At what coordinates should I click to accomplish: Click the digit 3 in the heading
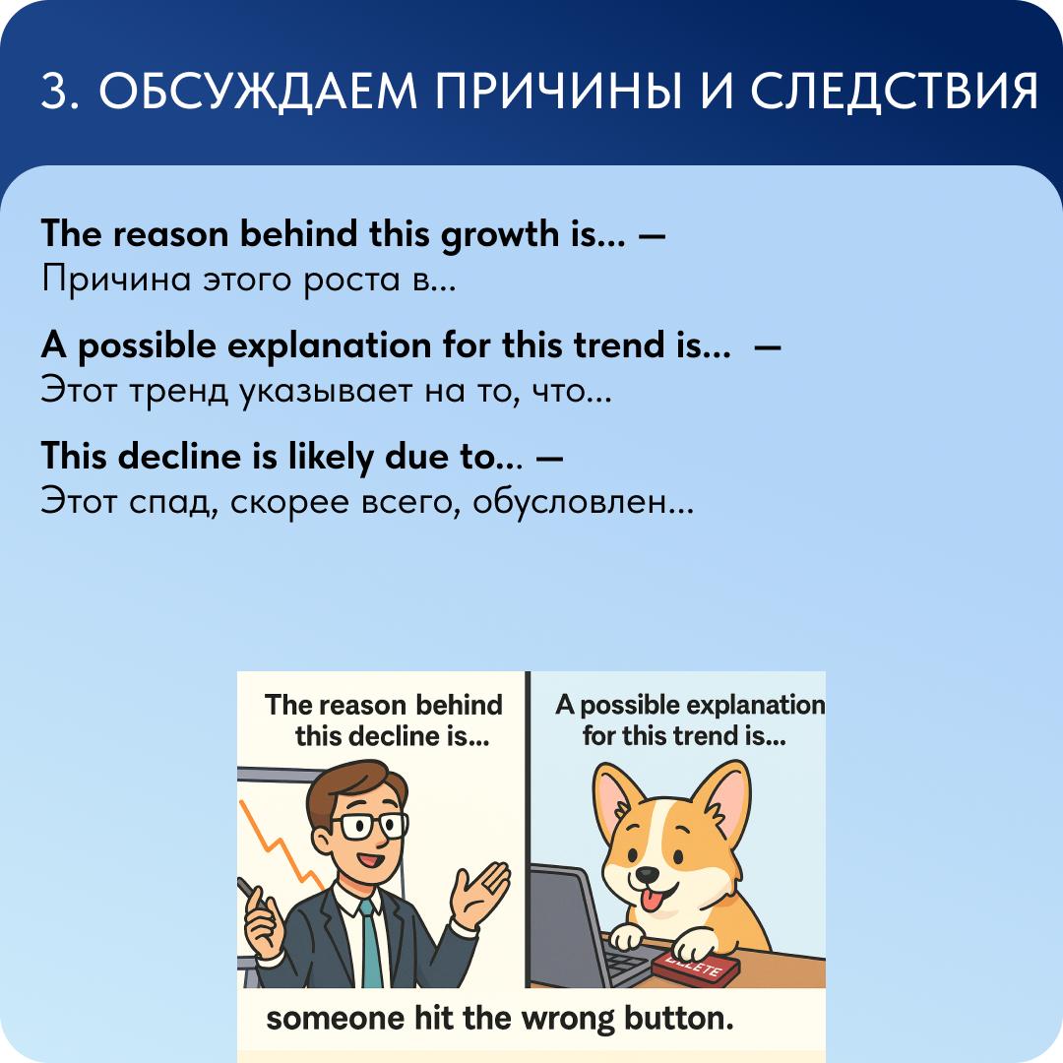pyautogui.click(x=53, y=91)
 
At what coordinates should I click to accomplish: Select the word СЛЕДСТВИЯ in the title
pyautogui.click(x=894, y=92)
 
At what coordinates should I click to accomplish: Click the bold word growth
pyautogui.click(x=500, y=235)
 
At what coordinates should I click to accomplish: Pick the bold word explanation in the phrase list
pyautogui.click(x=330, y=346)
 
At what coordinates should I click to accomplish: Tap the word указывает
pyautogui.click(x=326, y=391)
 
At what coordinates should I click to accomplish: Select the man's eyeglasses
pyautogui.click(x=370, y=826)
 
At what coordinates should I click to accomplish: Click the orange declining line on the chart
pyautogui.click(x=283, y=844)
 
